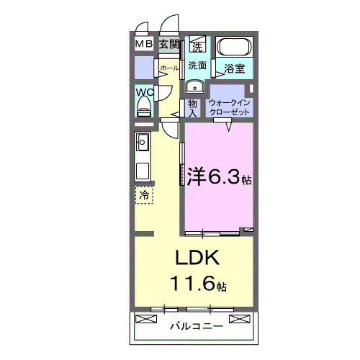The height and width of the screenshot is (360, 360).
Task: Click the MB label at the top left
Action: [x=144, y=45]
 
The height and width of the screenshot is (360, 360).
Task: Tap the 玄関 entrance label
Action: [x=168, y=45]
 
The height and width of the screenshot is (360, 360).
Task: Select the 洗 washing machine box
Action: [x=197, y=48]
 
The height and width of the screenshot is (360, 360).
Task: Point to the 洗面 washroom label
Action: [x=198, y=65]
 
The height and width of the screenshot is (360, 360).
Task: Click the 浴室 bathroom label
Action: [x=235, y=69]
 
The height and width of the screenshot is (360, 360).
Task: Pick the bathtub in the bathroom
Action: [x=234, y=49]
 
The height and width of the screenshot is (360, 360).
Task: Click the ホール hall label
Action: [x=169, y=68]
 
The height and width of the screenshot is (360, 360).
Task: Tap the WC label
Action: [x=144, y=92]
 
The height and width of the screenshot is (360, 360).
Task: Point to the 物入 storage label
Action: [x=193, y=107]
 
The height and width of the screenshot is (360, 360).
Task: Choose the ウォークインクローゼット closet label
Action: [x=229, y=108]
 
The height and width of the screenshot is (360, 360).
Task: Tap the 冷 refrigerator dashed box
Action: [x=144, y=194]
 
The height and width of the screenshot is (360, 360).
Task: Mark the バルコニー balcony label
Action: [x=197, y=325]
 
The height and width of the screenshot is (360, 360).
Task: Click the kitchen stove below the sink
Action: [x=142, y=171]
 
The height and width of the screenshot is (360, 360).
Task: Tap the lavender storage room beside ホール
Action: [x=145, y=68]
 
